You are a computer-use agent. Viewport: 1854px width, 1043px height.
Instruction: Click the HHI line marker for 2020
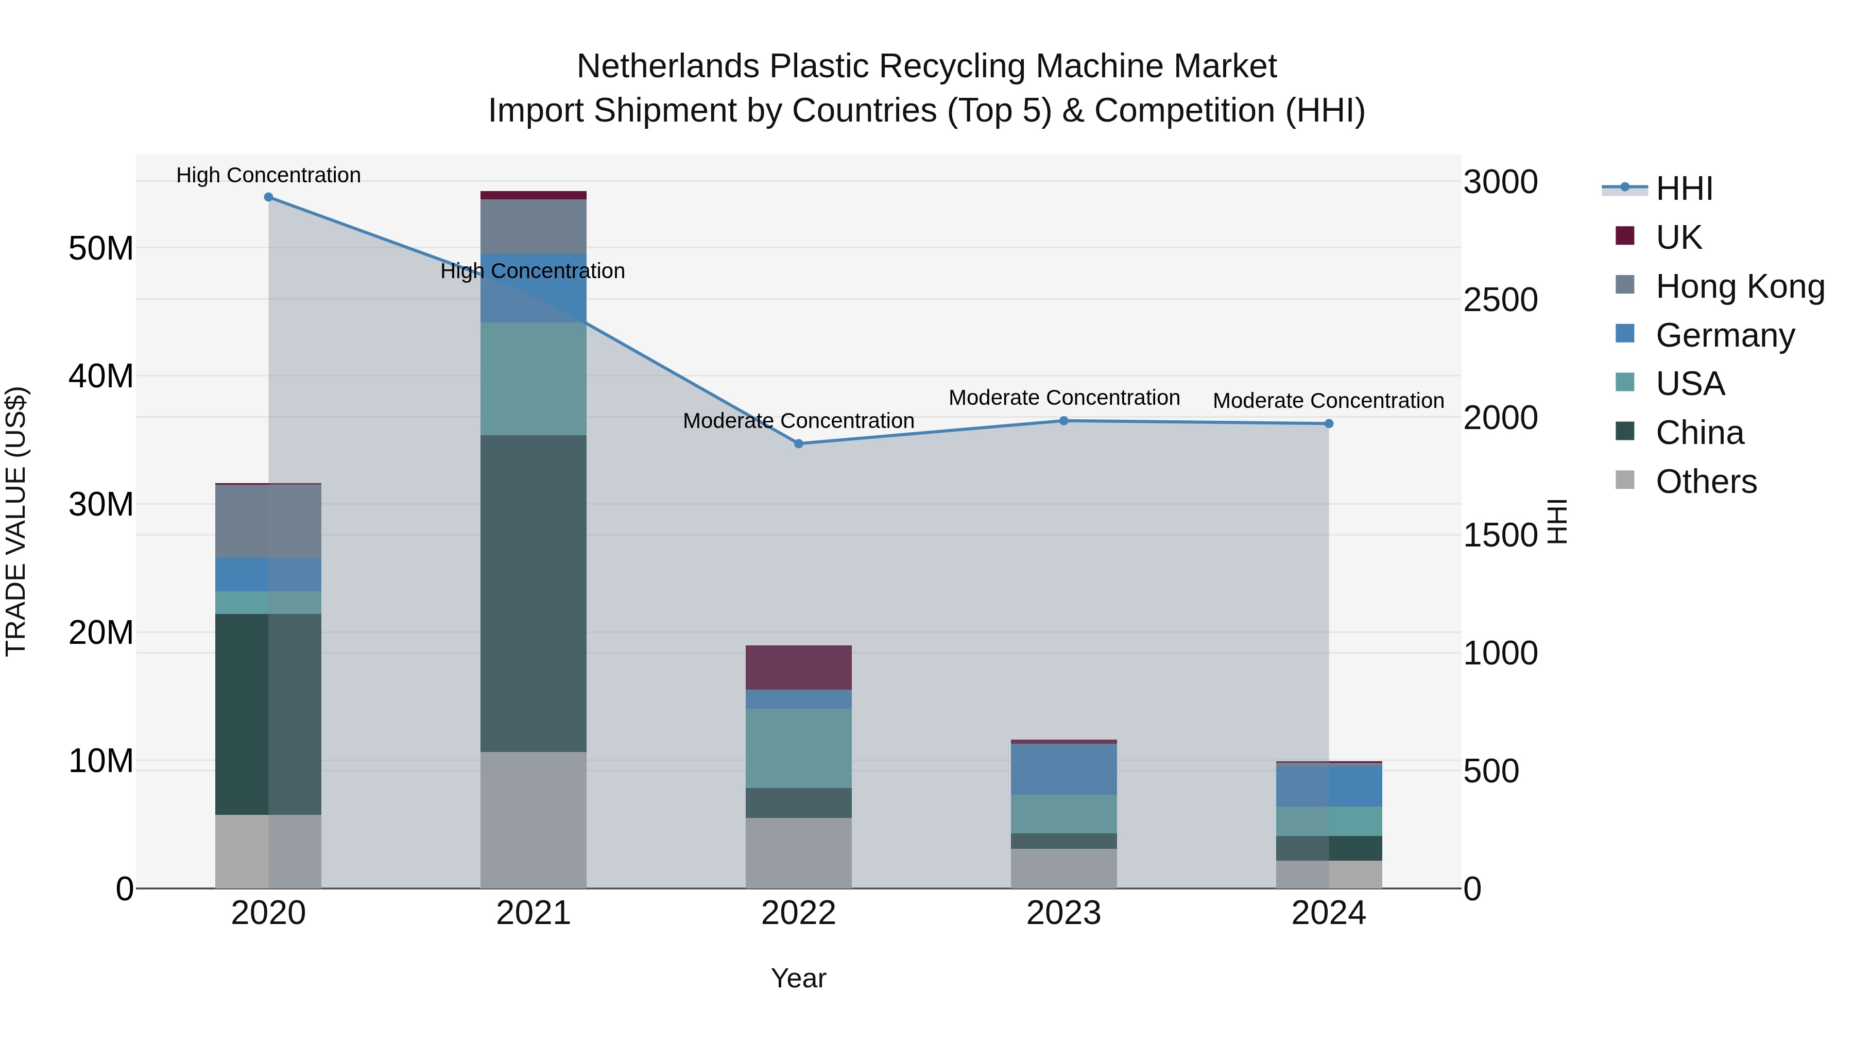pyautogui.click(x=268, y=197)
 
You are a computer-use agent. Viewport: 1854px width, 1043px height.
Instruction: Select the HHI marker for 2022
pyautogui.click(x=798, y=443)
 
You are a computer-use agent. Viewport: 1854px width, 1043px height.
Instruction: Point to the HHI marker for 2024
pyautogui.click(x=1329, y=423)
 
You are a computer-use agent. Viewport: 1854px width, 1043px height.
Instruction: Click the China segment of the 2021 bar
pyautogui.click(x=534, y=593)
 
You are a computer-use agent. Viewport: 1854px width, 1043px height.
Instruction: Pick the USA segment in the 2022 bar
pyautogui.click(x=798, y=748)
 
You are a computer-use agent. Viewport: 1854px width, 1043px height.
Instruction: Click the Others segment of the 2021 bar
pyautogui.click(x=534, y=820)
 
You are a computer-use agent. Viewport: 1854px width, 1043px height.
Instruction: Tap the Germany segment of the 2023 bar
pyautogui.click(x=1064, y=769)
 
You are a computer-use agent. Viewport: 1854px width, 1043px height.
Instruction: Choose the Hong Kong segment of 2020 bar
pyautogui.click(x=268, y=521)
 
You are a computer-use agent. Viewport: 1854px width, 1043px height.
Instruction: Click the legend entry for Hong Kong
pyautogui.click(x=1740, y=286)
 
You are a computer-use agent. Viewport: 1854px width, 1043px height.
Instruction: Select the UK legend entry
pyautogui.click(x=1678, y=237)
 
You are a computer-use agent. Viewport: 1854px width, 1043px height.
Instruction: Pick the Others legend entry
pyautogui.click(x=1706, y=481)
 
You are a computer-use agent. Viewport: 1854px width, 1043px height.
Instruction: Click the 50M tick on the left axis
pyautogui.click(x=101, y=248)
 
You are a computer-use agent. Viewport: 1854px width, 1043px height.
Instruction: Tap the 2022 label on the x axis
pyautogui.click(x=798, y=913)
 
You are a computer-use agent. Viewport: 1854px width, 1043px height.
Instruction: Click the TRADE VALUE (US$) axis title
pyautogui.click(x=16, y=521)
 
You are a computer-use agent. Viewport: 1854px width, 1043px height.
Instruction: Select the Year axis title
pyautogui.click(x=798, y=978)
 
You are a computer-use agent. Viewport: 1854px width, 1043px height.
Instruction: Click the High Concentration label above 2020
pyautogui.click(x=268, y=175)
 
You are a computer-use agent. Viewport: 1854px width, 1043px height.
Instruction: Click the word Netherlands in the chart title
pyautogui.click(x=668, y=66)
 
